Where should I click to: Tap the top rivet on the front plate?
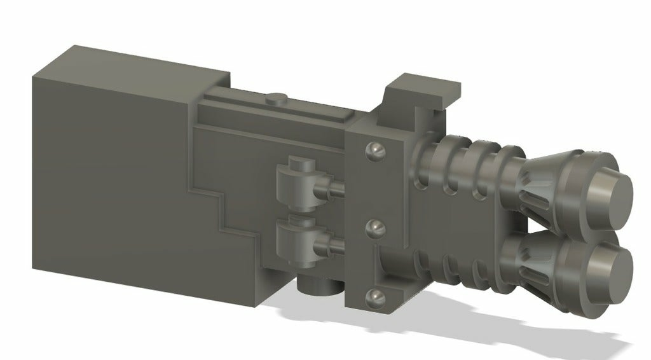tap(375, 150)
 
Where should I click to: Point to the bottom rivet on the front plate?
tap(376, 296)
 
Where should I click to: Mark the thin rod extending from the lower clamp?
tap(333, 244)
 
